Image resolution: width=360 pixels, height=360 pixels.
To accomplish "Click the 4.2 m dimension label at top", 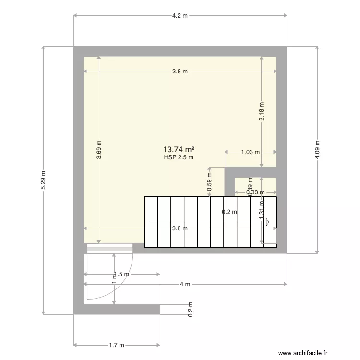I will (180, 15).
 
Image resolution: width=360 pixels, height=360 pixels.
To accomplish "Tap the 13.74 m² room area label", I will (179, 149).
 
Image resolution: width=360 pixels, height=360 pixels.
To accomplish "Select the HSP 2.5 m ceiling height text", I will (179, 157).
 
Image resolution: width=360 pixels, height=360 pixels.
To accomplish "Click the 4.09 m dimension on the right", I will (317, 149).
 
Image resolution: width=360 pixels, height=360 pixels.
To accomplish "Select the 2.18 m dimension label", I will (262, 111).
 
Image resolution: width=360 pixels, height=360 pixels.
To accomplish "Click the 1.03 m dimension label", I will (250, 152).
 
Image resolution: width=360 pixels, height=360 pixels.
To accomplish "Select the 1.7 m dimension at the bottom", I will (117, 345).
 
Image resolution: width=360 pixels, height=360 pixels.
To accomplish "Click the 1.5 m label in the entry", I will (123, 274).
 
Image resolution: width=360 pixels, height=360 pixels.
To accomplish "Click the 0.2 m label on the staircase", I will (229, 212).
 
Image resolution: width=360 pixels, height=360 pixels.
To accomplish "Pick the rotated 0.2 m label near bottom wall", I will (191, 310).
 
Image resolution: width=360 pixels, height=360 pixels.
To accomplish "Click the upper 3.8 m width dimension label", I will (180, 72).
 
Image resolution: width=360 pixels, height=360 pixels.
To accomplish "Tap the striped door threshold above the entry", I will (109, 248).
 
